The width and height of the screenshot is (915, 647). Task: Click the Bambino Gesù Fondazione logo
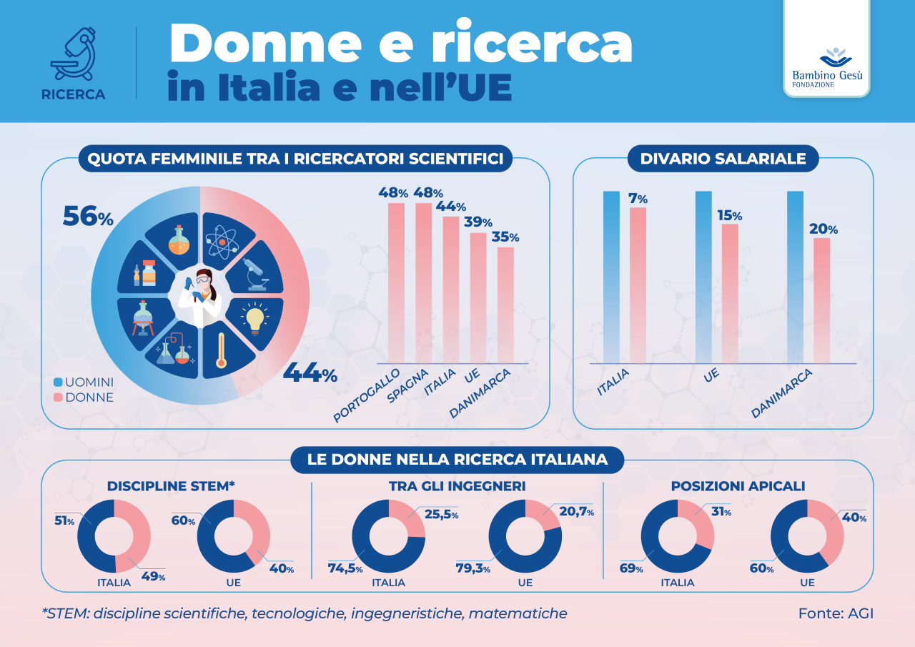[x=826, y=69]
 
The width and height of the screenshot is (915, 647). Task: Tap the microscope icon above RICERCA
[x=73, y=56]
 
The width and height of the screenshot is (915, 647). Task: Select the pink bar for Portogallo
[x=396, y=282]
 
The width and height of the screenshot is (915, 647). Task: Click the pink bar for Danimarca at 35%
[x=505, y=305]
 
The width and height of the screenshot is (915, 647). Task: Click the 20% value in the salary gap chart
[x=823, y=229]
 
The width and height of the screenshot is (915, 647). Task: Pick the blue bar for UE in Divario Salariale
[x=703, y=277]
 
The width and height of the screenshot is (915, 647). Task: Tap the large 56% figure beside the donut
[x=88, y=216]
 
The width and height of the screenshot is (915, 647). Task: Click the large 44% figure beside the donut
[x=310, y=373]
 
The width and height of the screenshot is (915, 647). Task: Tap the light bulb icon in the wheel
[x=255, y=317]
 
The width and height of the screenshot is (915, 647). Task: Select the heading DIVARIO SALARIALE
[x=723, y=159]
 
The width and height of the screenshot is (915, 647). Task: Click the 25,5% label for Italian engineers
[x=442, y=514]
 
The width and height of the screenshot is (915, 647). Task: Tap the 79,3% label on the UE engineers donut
[x=472, y=568]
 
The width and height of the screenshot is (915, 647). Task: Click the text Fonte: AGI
[x=836, y=613]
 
